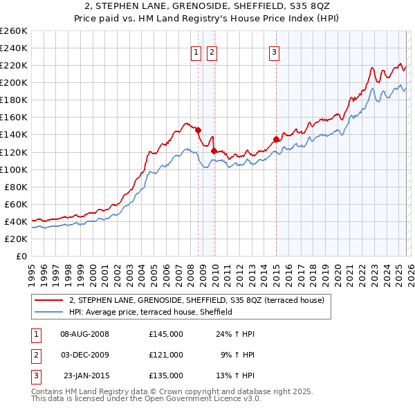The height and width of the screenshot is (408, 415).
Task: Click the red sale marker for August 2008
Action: point(198,130)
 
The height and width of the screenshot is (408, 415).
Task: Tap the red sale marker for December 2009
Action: point(214,151)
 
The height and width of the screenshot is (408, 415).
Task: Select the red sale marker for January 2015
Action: point(276,139)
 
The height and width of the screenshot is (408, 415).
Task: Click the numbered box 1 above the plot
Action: point(196,53)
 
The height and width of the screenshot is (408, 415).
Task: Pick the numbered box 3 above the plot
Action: point(274,53)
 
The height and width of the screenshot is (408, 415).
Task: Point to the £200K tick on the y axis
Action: point(14,82)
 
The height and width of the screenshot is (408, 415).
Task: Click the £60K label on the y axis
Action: point(16,204)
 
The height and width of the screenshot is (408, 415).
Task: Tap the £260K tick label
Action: point(14,31)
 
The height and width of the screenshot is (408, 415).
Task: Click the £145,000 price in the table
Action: point(166,334)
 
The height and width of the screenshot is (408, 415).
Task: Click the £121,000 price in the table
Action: point(166,354)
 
